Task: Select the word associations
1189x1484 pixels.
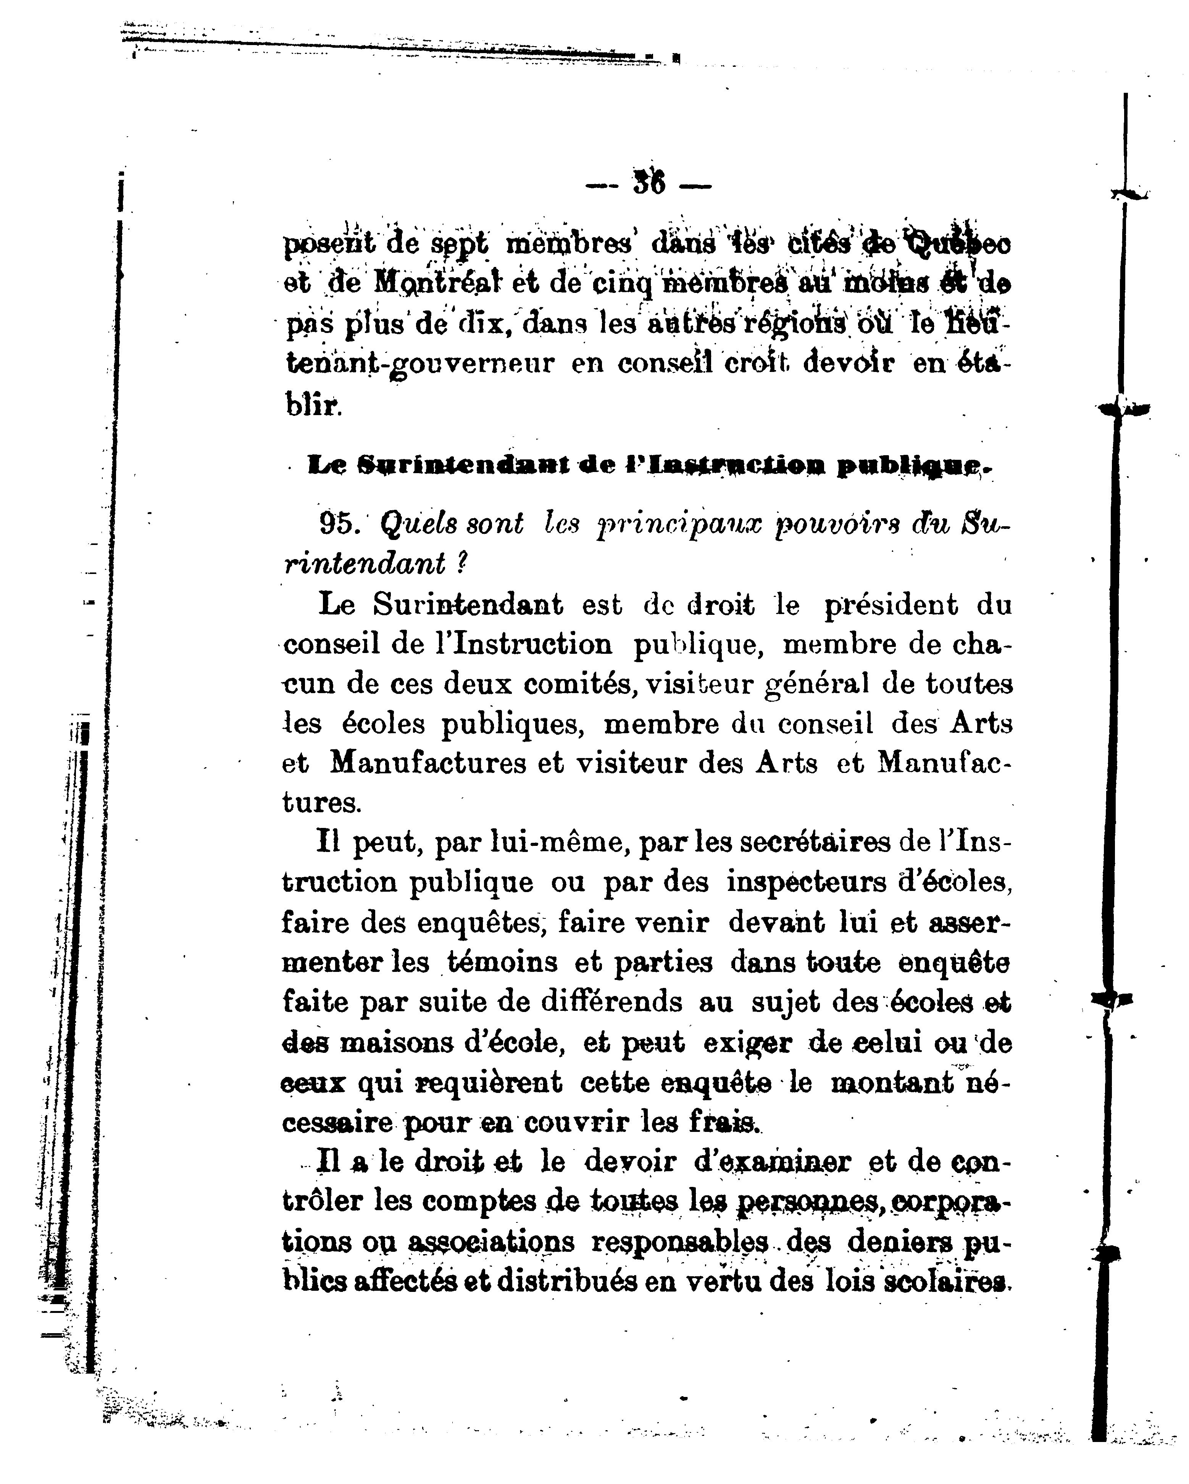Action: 490,1242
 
